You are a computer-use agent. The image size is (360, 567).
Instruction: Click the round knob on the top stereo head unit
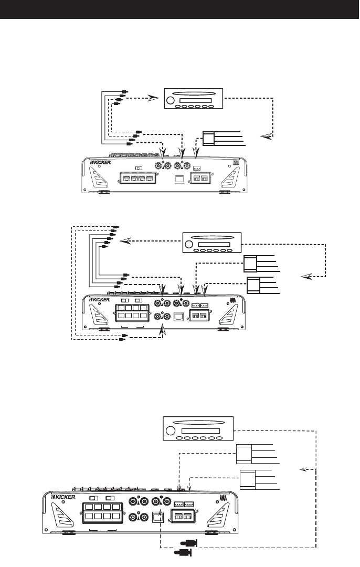pos(171,101)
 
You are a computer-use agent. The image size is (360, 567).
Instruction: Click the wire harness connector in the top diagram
pos(209,139)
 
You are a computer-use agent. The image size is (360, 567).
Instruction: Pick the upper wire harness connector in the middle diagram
pos(250,262)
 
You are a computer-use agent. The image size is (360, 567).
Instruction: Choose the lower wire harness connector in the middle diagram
pos(253,285)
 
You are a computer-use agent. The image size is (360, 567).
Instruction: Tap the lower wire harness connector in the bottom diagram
pos(247,480)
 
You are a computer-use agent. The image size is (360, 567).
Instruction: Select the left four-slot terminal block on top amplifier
pos(138,178)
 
